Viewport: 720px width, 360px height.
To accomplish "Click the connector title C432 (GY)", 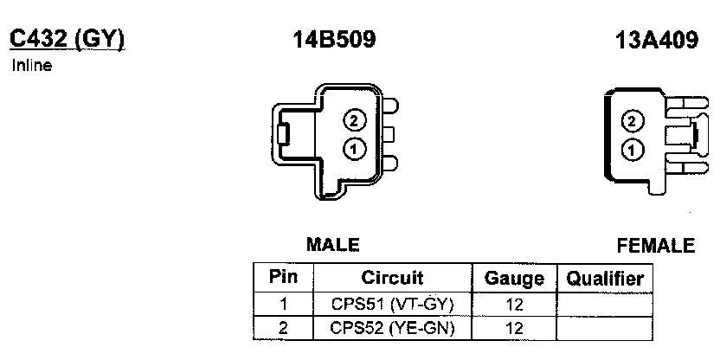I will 67,39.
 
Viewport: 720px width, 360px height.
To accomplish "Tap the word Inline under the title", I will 31,66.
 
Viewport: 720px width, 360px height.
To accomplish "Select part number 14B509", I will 335,40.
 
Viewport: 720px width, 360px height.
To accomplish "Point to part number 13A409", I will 657,40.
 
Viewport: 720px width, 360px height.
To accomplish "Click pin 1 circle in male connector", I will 354,149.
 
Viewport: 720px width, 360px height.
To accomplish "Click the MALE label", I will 332,246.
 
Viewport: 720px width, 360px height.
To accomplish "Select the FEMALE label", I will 656,246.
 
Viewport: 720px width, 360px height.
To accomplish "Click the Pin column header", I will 283,278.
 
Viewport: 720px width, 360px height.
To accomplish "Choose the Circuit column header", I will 392,278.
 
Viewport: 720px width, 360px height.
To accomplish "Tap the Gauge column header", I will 514,279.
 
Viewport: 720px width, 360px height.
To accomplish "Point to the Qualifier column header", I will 604,279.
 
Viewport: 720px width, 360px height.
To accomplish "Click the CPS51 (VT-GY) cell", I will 392,304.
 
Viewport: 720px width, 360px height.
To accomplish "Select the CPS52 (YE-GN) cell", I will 392,328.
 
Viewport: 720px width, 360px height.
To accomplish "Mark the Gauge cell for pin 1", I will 514,304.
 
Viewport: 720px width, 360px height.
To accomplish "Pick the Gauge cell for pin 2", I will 514,328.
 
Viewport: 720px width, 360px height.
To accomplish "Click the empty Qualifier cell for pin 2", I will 604,328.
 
